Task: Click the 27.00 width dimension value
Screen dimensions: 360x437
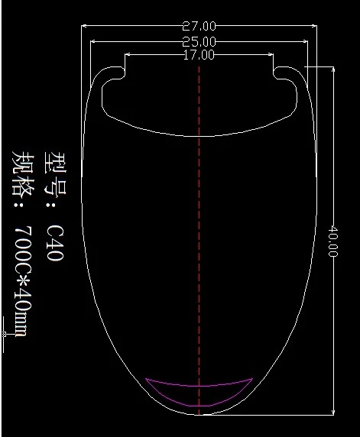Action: tap(199, 26)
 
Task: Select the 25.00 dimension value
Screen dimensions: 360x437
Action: tap(199, 42)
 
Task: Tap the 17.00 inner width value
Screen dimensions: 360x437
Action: tap(199, 55)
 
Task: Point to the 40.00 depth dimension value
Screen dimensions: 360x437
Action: tap(332, 241)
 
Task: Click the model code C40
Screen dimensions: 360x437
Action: tap(55, 242)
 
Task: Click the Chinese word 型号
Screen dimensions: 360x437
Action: tap(55, 173)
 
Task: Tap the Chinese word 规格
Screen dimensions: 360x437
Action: tap(24, 175)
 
